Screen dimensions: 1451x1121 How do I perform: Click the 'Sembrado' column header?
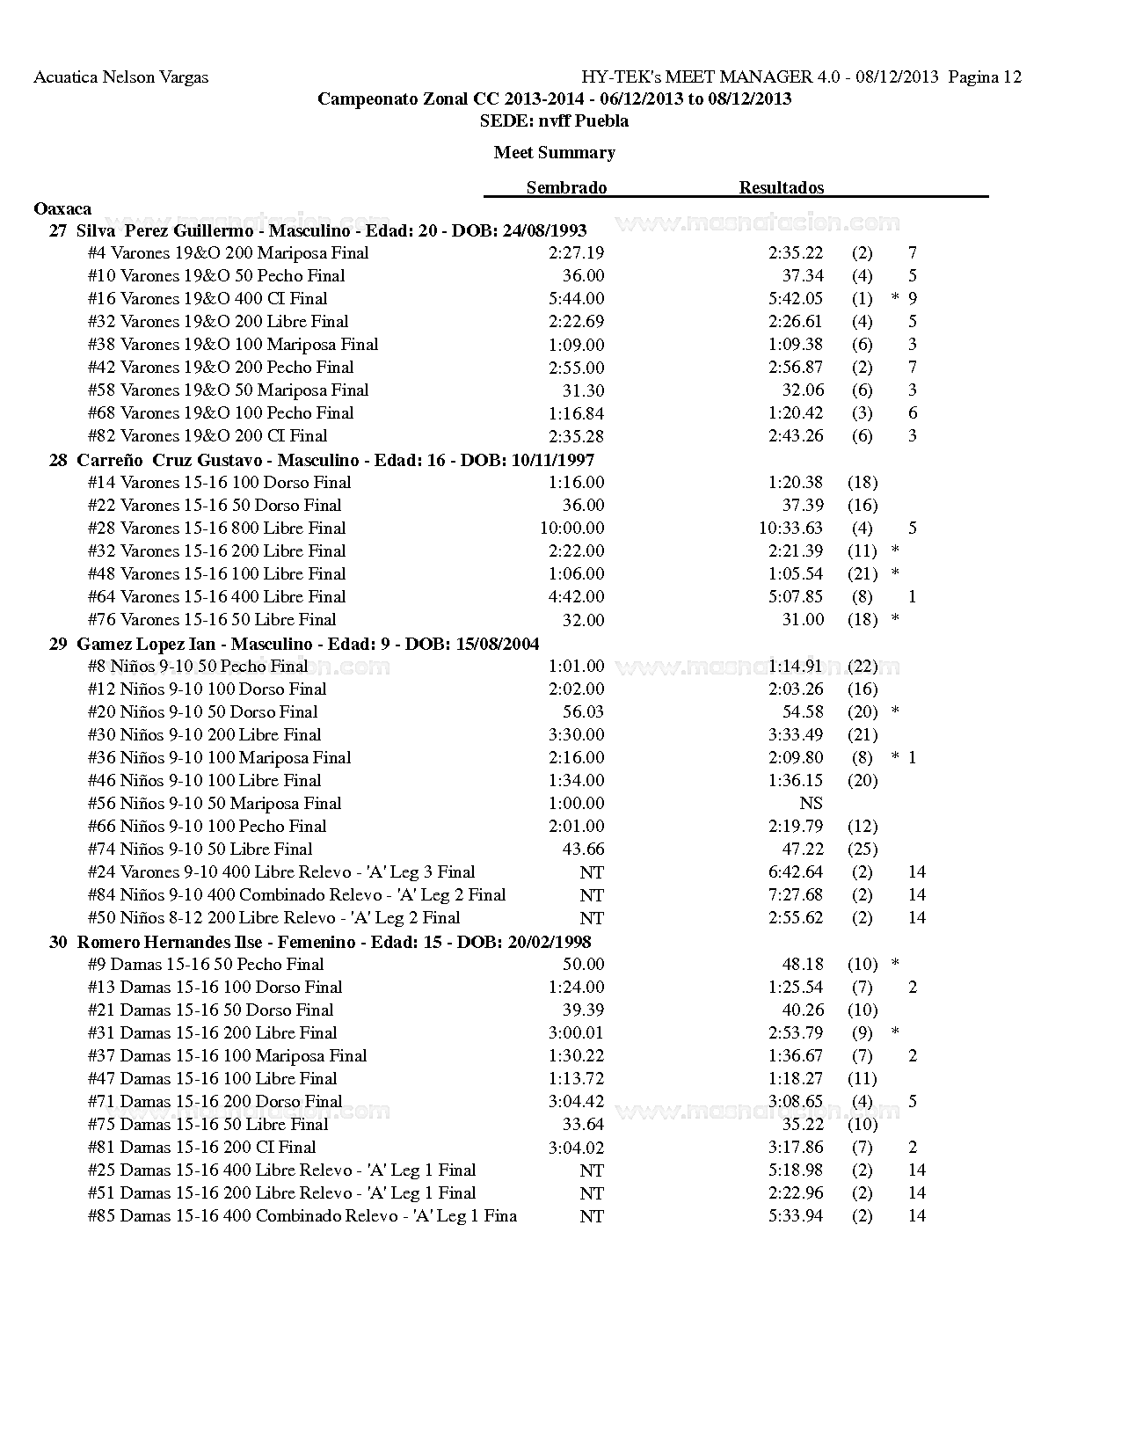(x=566, y=187)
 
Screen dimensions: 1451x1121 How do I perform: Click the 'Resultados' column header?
(x=781, y=187)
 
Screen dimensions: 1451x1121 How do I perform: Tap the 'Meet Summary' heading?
(x=554, y=152)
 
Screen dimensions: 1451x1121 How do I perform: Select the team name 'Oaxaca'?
(x=62, y=208)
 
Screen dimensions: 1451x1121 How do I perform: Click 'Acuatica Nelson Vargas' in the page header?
(x=121, y=77)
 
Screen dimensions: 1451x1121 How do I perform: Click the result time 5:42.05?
(x=795, y=298)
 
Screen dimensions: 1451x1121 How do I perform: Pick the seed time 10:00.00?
(x=571, y=528)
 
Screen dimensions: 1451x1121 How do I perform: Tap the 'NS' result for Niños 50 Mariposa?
(x=811, y=803)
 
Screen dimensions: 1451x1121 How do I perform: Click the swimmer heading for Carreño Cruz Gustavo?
(x=322, y=460)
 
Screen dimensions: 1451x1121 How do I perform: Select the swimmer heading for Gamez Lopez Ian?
(x=295, y=644)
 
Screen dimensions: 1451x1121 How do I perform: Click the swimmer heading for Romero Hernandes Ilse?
(x=320, y=942)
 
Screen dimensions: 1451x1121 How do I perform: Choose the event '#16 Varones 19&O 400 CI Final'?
(x=207, y=298)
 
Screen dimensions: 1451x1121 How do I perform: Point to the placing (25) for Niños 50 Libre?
(x=862, y=849)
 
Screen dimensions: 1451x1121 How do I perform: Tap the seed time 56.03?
(x=583, y=711)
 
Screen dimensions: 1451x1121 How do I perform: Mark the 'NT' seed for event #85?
(x=592, y=1216)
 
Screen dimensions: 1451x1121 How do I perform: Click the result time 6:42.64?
(x=795, y=871)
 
